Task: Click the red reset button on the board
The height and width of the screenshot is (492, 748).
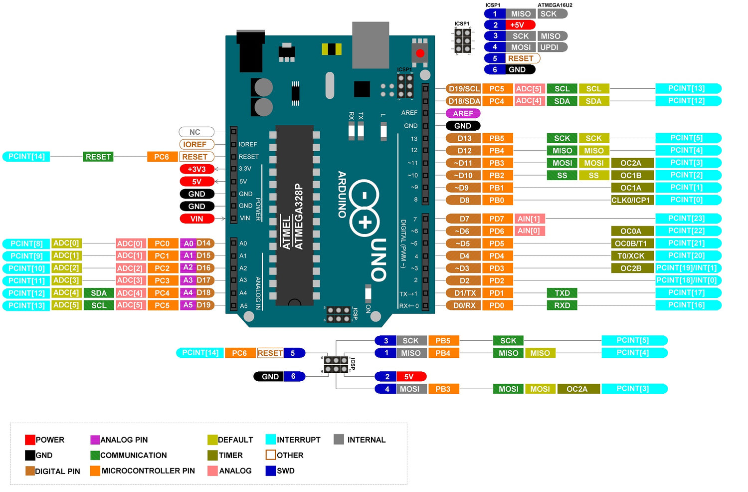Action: [x=420, y=53]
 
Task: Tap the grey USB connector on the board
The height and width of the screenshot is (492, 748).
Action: [x=371, y=45]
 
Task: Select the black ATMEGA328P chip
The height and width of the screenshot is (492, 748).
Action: [x=294, y=215]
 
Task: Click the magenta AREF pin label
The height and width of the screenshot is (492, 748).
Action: [x=463, y=113]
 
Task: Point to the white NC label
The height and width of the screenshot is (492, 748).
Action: [x=196, y=132]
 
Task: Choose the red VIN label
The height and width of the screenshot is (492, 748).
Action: [x=197, y=219]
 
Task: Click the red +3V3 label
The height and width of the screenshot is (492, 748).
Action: [x=197, y=169]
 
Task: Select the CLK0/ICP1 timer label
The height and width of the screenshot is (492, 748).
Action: [x=631, y=200]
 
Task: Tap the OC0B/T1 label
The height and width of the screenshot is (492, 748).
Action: [x=631, y=244]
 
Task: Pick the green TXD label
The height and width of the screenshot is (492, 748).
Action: [x=562, y=293]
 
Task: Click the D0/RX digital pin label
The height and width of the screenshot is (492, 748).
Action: [x=464, y=305]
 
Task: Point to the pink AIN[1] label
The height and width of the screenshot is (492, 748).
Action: [x=529, y=219]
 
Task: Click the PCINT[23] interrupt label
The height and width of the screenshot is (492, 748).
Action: [x=687, y=218]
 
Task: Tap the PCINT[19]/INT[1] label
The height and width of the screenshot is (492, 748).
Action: [x=687, y=268]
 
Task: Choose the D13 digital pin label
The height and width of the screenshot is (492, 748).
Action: [x=464, y=138]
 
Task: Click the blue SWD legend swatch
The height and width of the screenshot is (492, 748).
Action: [x=270, y=471]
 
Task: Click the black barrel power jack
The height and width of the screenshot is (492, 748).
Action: [x=250, y=51]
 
